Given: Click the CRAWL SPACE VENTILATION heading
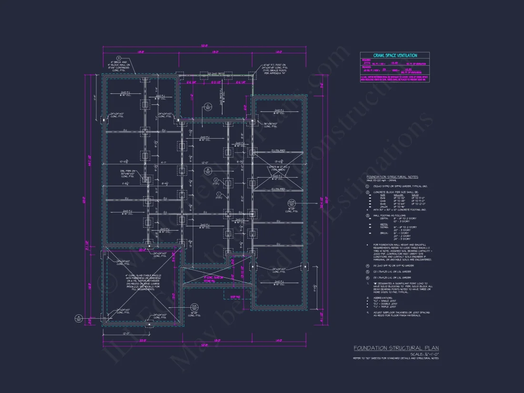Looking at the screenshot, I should [394, 56].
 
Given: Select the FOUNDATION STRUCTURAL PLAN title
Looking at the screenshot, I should [396, 349].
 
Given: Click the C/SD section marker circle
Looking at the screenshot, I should [208, 107].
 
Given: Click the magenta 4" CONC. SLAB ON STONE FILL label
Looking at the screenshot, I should [213, 279].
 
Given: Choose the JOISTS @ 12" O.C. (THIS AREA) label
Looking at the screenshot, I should [278, 168].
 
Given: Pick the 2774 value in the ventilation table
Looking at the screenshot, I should [367, 62].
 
